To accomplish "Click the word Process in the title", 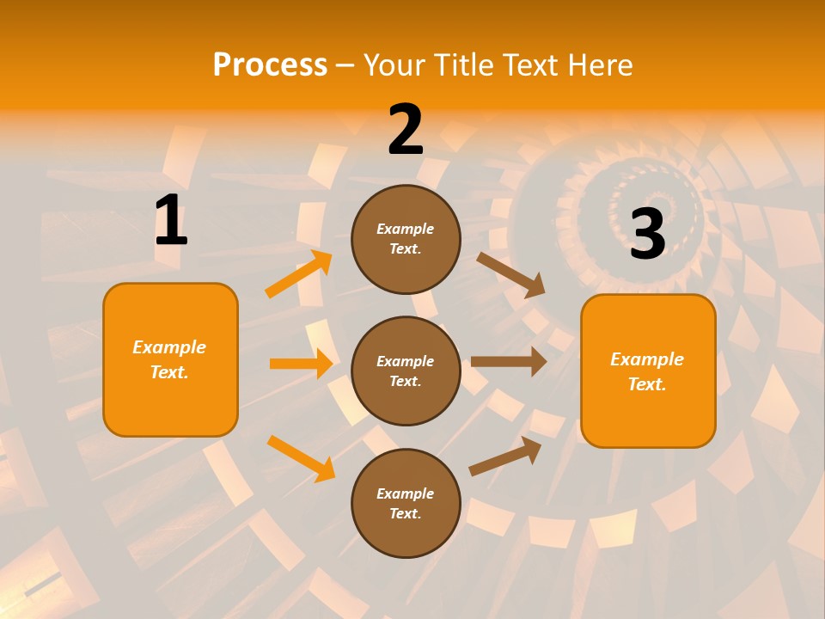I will tap(270, 65).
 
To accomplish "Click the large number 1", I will tap(171, 221).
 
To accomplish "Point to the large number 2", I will tap(406, 130).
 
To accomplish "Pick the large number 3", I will tap(647, 234).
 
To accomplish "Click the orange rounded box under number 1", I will tap(170, 359).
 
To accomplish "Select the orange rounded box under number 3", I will tap(648, 371).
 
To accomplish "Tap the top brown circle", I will tap(406, 239).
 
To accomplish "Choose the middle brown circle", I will tap(406, 371).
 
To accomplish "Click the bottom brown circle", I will tap(406, 503).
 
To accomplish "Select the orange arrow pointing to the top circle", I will tap(299, 274).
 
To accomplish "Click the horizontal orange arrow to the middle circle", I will tap(300, 364).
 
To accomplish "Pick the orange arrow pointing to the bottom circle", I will tap(301, 457).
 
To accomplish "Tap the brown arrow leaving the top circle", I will tap(510, 274).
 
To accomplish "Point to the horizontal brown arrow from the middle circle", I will tap(508, 361).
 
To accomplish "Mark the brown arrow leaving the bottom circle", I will tap(505, 457).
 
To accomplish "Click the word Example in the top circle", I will tap(406, 229).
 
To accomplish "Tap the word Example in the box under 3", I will tap(647, 359).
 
